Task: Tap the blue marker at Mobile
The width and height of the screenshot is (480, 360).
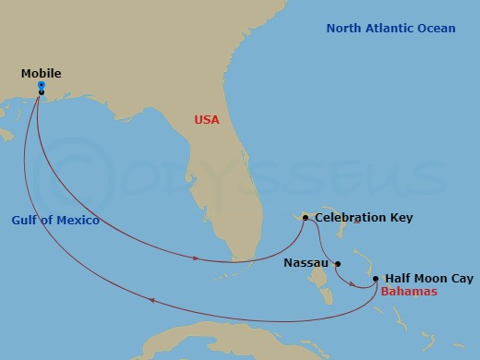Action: click(42, 85)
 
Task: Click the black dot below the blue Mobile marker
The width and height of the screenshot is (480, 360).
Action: click(42, 92)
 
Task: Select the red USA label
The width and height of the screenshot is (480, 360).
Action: click(208, 120)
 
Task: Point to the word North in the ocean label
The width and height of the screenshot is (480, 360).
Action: click(345, 29)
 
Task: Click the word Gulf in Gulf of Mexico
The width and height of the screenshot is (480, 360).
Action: click(27, 221)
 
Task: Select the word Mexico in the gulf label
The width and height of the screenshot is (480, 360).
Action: click(78, 221)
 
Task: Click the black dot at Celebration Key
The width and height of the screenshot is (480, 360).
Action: click(306, 218)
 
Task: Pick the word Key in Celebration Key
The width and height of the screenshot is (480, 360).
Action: click(402, 218)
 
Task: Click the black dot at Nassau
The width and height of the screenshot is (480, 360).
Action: click(338, 262)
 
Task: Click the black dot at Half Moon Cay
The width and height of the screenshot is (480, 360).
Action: click(376, 278)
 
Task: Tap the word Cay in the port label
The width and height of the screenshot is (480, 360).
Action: click(462, 277)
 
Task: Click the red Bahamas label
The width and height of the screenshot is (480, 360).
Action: click(408, 292)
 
